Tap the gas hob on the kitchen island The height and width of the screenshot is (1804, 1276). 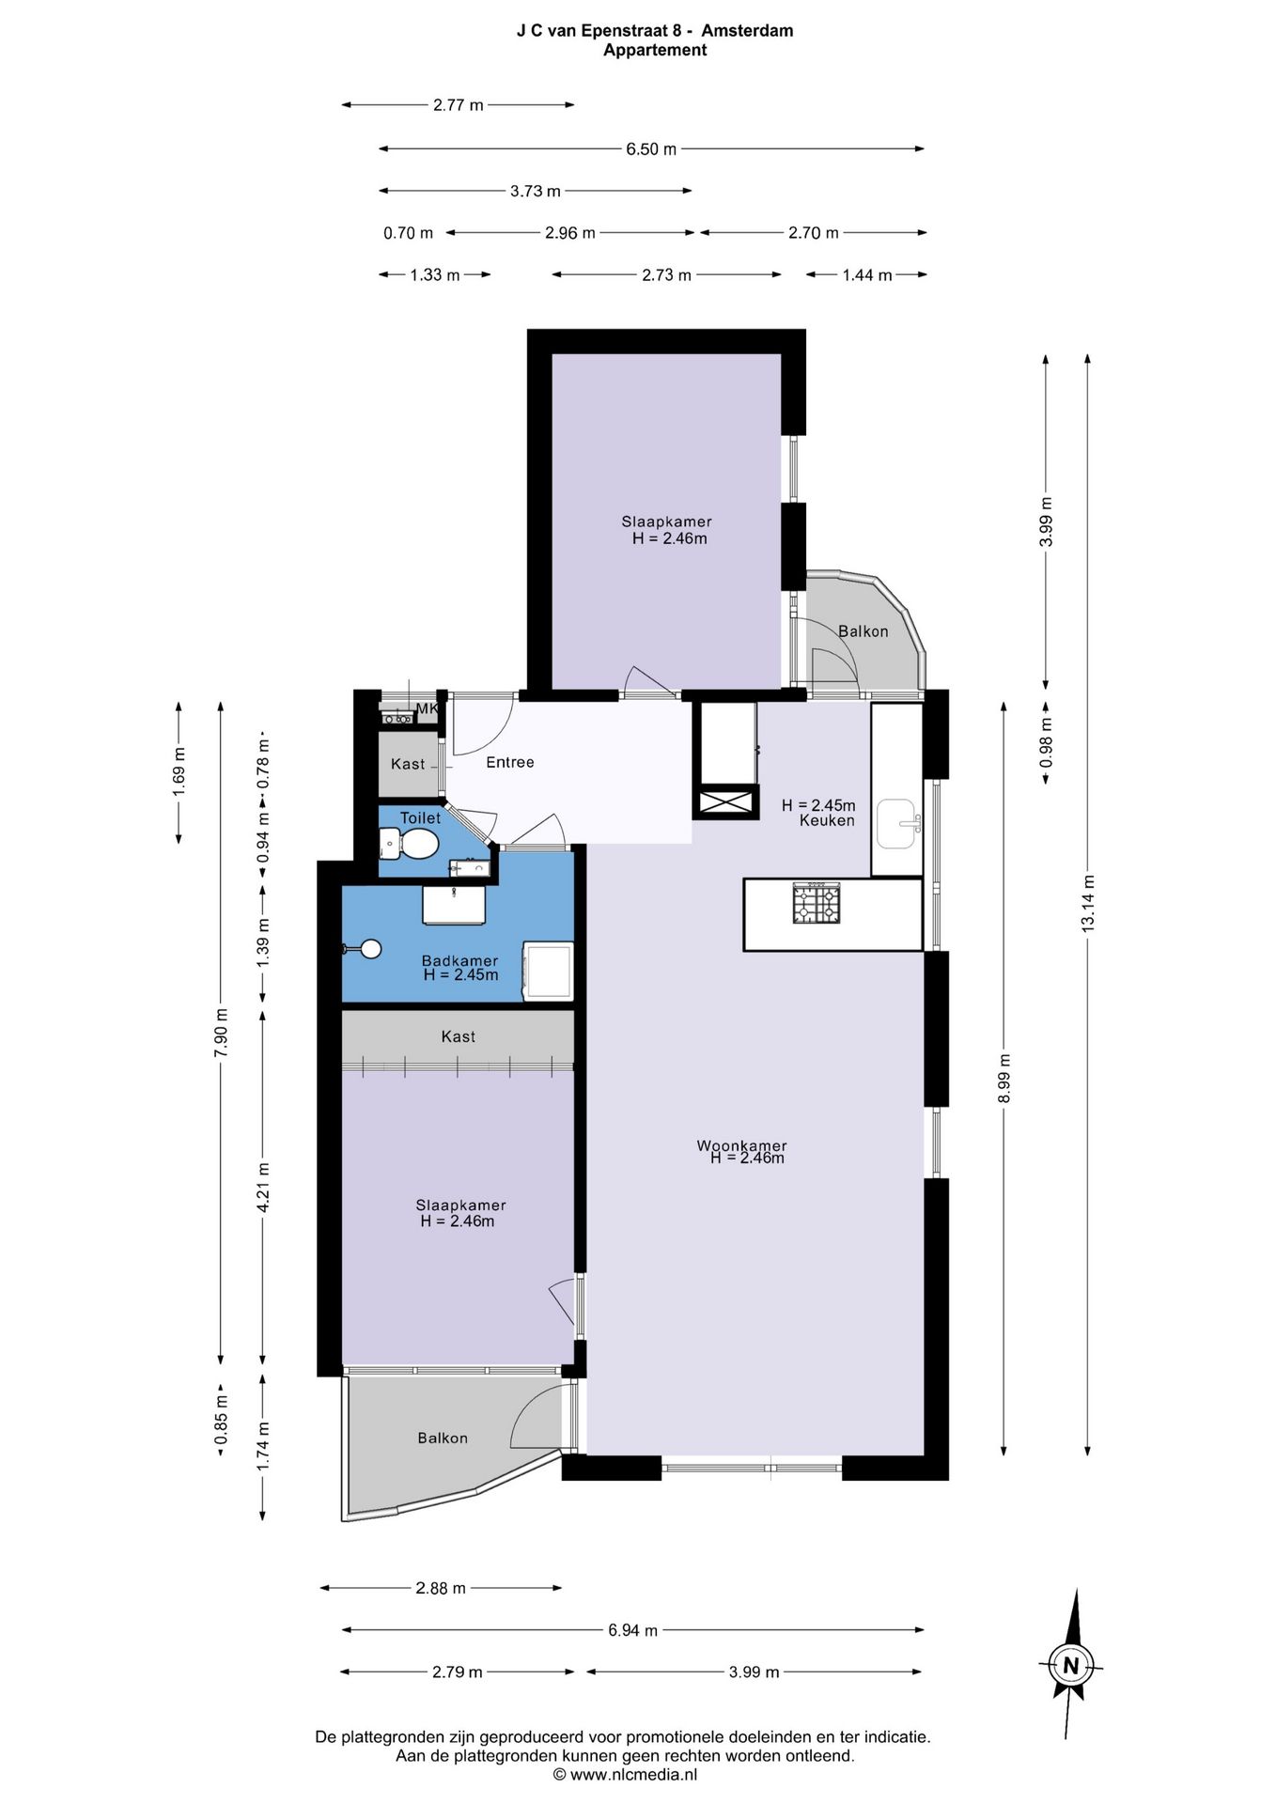point(816,903)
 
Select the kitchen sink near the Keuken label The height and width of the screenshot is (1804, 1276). point(897,824)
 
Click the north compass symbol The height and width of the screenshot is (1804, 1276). point(1070,1665)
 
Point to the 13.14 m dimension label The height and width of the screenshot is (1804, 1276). point(1088,904)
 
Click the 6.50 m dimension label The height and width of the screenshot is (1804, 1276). point(651,149)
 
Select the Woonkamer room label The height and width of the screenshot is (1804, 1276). point(741,1145)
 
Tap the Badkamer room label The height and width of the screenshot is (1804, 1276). point(459,960)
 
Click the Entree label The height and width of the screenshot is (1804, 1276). point(510,762)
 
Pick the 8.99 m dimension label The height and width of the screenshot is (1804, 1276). point(1004,1079)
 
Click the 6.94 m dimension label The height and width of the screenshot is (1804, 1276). point(632,1630)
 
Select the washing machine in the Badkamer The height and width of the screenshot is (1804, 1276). point(549,971)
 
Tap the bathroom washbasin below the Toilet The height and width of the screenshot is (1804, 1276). point(454,905)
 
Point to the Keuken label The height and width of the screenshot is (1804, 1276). point(827,820)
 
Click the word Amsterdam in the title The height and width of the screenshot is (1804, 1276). point(747,30)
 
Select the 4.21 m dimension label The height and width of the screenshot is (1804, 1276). point(263,1188)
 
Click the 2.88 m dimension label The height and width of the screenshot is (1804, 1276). point(441,1588)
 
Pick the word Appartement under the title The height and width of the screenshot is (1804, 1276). point(655,51)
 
